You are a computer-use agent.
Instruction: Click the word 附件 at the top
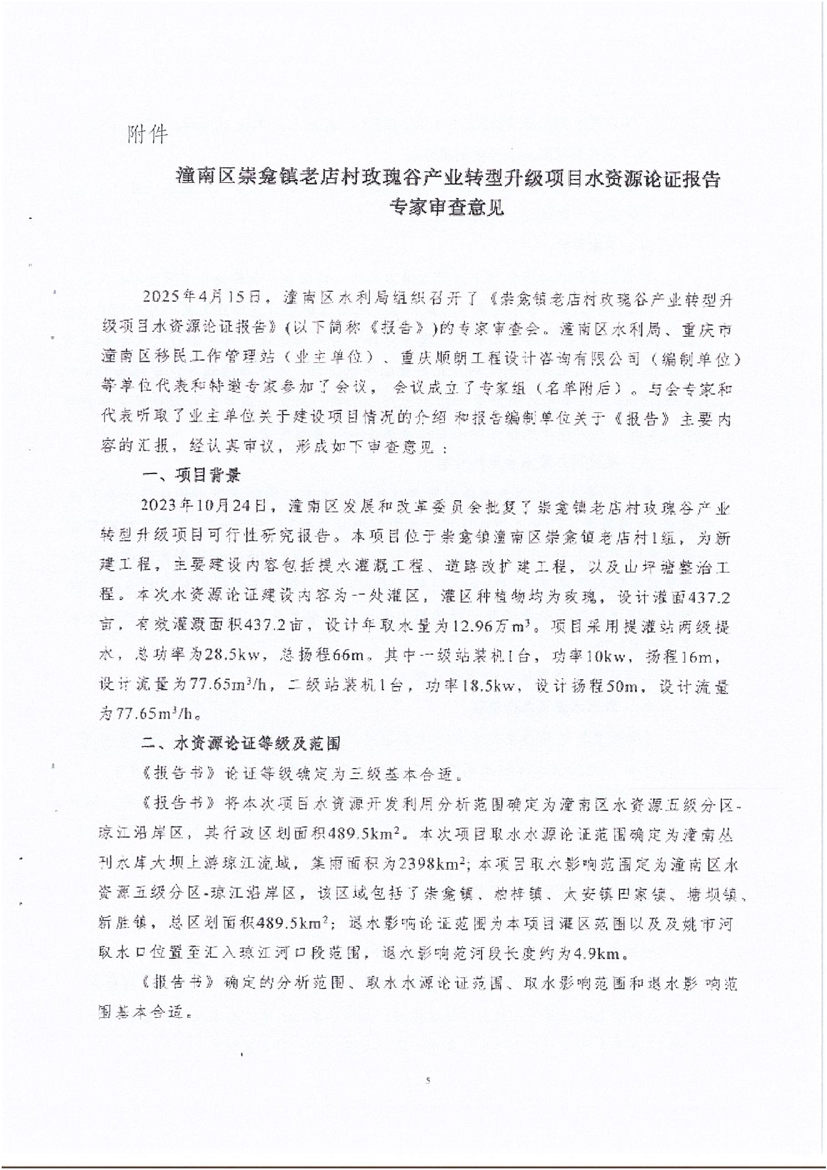click(x=147, y=134)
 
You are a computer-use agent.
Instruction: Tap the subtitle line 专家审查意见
click(x=446, y=207)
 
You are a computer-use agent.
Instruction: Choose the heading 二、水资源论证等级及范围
click(x=241, y=744)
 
